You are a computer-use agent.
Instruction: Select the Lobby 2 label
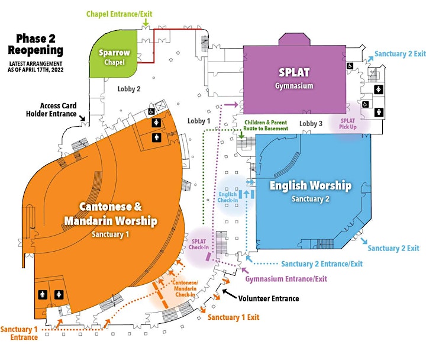129,89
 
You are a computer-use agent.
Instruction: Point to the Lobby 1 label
199,121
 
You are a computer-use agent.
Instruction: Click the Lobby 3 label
311,124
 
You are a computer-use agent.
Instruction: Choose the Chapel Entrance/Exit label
120,14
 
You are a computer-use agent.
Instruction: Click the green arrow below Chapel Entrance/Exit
146,22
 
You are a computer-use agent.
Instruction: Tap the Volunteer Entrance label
269,298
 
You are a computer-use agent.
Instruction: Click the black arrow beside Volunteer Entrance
230,294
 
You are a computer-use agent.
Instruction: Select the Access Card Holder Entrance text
51,110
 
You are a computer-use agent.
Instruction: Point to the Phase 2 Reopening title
35,44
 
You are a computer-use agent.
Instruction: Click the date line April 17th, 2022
35,70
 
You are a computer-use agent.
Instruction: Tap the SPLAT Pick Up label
348,124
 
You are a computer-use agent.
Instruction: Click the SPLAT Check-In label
199,244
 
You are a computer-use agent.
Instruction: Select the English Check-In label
228,197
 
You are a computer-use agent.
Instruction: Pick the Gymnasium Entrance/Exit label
286,279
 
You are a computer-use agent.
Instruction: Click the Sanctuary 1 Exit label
233,317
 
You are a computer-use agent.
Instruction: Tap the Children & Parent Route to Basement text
266,126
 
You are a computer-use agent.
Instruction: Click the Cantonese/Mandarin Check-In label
185,288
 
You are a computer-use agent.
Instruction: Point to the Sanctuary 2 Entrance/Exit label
322,263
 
